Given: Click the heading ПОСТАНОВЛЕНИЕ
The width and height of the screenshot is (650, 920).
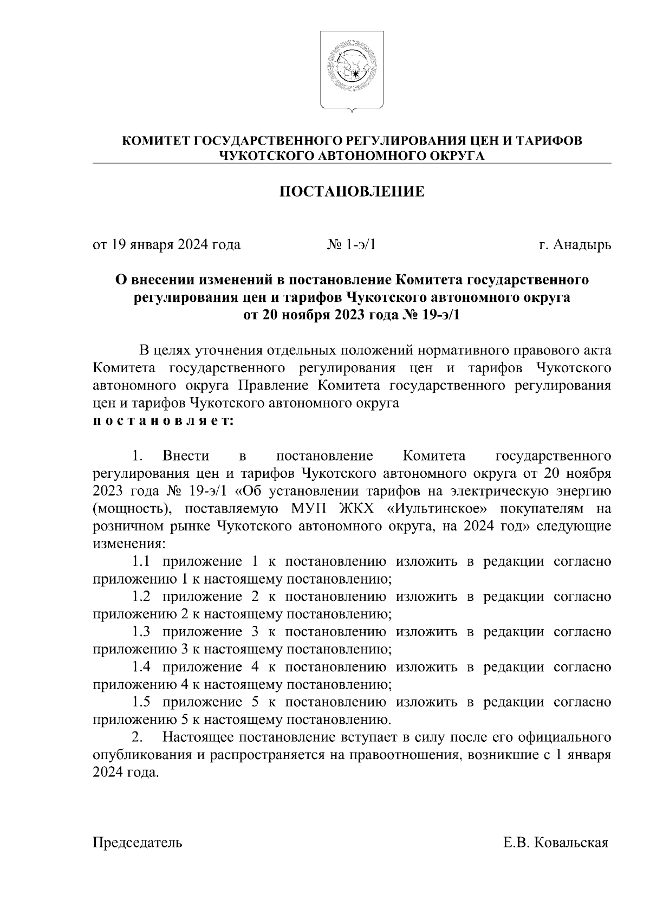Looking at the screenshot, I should click(x=352, y=192).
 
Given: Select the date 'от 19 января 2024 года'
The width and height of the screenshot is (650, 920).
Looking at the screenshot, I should click(x=167, y=245).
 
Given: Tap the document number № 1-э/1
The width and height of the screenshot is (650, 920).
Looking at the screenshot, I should click(x=352, y=245).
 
